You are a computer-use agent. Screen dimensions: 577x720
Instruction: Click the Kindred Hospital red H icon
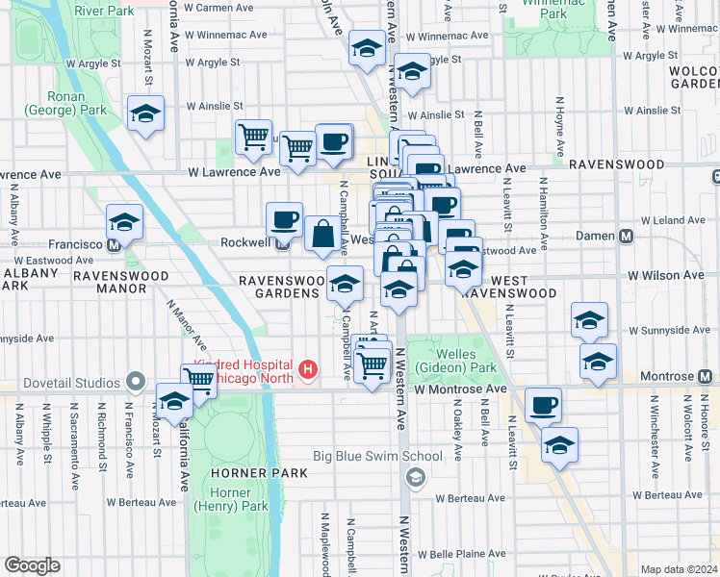click(308, 368)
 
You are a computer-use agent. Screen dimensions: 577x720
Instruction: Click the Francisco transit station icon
click(115, 244)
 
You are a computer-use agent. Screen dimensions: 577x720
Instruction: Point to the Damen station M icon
click(626, 236)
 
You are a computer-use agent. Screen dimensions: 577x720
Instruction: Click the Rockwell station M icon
click(284, 242)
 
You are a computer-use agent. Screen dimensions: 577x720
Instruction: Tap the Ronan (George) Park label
click(78, 103)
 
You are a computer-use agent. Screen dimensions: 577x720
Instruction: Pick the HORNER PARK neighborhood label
click(262, 473)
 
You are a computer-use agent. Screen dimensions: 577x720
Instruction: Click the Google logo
click(32, 565)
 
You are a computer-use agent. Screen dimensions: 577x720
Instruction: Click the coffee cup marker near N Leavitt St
click(544, 404)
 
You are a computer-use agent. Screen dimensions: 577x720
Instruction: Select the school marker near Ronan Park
click(145, 113)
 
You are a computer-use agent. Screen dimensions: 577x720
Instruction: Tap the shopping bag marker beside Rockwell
click(322, 233)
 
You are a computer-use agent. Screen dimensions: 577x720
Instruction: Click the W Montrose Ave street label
click(460, 389)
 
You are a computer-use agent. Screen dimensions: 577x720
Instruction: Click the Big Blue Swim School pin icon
click(416, 476)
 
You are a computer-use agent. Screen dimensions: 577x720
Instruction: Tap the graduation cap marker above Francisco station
click(124, 221)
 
